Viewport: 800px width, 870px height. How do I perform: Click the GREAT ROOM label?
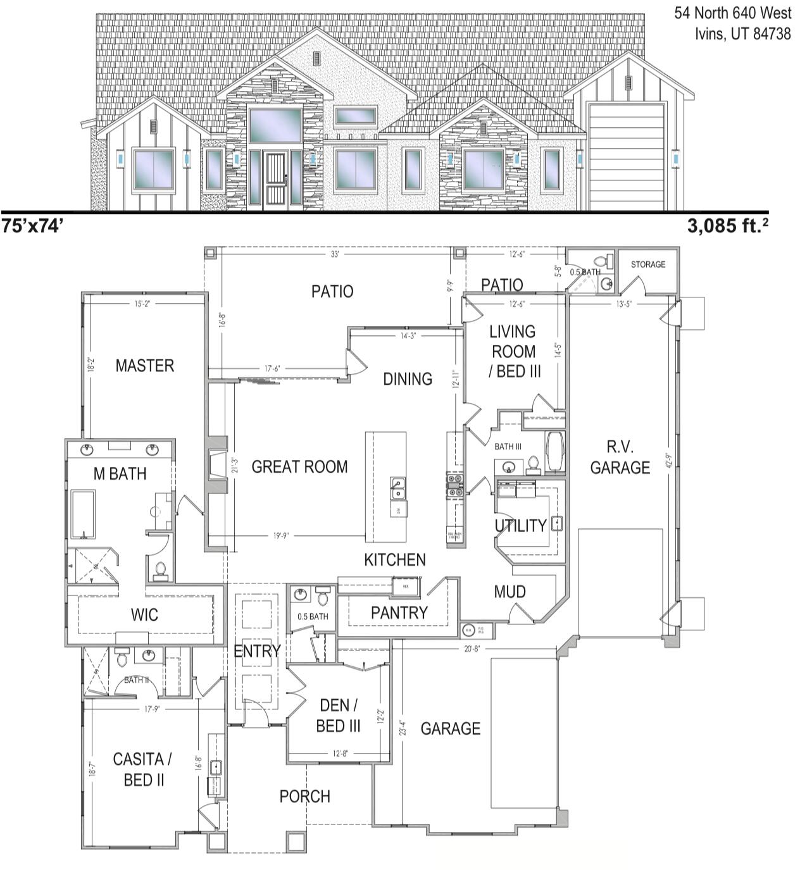click(299, 467)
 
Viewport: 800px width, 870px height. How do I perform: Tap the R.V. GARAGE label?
click(620, 457)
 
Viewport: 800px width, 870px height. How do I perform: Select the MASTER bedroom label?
click(144, 366)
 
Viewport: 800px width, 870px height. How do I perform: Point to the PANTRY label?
click(399, 612)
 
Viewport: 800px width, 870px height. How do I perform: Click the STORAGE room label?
click(648, 264)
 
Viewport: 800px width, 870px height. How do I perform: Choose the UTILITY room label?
click(520, 525)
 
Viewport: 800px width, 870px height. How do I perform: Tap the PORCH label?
click(304, 796)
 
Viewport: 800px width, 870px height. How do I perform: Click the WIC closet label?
click(144, 614)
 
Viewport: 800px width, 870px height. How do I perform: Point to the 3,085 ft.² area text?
click(728, 226)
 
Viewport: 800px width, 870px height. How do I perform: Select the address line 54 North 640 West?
click(732, 13)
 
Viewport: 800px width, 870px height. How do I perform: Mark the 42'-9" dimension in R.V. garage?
click(670, 459)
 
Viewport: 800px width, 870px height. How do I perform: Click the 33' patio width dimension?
click(335, 254)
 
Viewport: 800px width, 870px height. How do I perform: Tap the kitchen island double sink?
click(397, 488)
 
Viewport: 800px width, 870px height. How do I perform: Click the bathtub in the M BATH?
click(83, 514)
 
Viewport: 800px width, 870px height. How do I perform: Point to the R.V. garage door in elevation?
click(626, 157)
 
